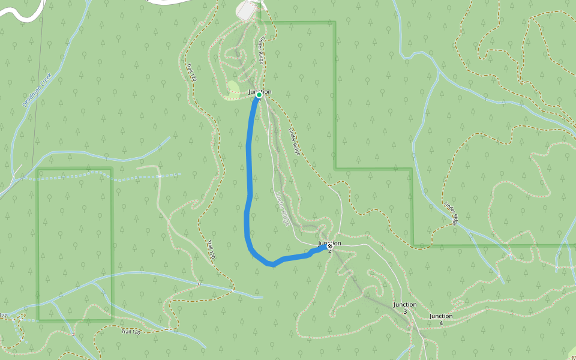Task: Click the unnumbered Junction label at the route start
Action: (260, 91)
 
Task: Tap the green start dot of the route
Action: (259, 95)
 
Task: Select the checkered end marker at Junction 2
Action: (330, 246)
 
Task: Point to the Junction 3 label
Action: (405, 308)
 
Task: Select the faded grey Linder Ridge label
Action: (282, 208)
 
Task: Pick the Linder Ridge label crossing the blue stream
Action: (451, 213)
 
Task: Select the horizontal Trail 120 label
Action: (130, 331)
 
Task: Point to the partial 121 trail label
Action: (4, 315)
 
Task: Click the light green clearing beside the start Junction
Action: (233, 88)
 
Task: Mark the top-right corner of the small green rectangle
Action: (112, 169)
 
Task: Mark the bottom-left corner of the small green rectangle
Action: (39, 320)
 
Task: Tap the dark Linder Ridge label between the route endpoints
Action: (293, 142)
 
